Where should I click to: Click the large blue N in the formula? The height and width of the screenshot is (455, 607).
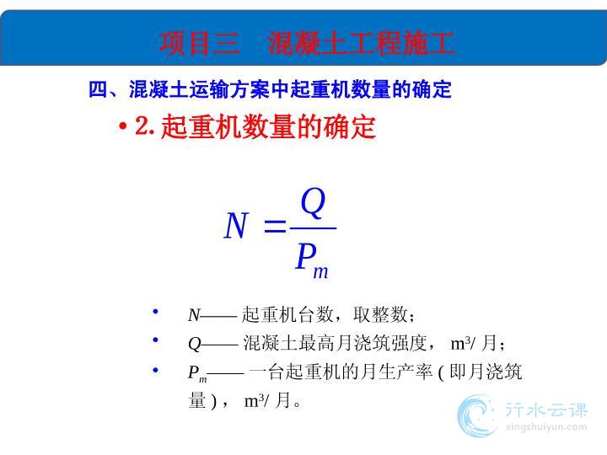[236, 225]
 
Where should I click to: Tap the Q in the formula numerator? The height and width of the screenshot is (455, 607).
[313, 203]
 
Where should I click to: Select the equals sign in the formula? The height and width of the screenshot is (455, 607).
[275, 226]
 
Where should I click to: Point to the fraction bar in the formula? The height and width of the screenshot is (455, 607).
[313, 228]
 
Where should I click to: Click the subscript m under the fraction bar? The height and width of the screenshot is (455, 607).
[320, 272]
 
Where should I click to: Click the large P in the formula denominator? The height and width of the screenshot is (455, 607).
[306, 256]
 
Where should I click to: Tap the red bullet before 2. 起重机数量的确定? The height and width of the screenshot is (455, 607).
[123, 126]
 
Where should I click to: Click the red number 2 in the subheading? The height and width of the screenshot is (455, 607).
[142, 126]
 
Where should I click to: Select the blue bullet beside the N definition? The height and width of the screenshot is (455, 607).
[155, 311]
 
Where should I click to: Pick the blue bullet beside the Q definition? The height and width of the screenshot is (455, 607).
[155, 340]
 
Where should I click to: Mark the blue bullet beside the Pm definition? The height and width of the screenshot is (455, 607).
[155, 370]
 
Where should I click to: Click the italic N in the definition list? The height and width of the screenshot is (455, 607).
[194, 315]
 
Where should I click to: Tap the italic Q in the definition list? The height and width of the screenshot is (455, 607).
[195, 344]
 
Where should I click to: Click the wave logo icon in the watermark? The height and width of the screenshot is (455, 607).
[475, 416]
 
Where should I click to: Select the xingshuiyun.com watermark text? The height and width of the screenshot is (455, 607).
[545, 427]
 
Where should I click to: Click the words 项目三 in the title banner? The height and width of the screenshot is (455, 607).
[199, 43]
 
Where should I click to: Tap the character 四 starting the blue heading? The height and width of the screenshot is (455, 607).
[98, 90]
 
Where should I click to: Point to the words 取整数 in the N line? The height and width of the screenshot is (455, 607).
[380, 314]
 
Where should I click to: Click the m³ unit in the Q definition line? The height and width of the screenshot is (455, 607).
[460, 343]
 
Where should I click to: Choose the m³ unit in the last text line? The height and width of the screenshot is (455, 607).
[255, 401]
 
